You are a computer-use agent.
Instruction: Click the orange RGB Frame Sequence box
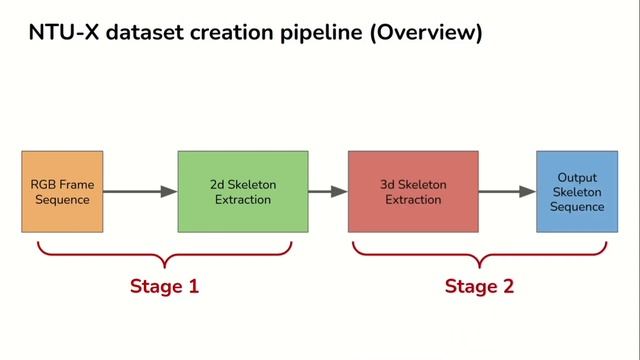coord(62,191)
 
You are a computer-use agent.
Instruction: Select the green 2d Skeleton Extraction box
coord(242,191)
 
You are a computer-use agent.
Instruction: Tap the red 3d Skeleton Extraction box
coord(414,191)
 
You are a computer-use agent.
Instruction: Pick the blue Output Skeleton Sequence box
coord(576,191)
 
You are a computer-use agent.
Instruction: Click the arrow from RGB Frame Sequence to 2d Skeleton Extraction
coord(140,192)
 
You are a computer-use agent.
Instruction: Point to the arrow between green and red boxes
coord(327,192)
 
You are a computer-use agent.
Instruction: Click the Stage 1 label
coord(165,286)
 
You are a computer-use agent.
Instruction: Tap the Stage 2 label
coord(479,286)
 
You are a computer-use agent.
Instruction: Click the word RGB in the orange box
coord(44,185)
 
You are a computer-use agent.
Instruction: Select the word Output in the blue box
coord(577,177)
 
